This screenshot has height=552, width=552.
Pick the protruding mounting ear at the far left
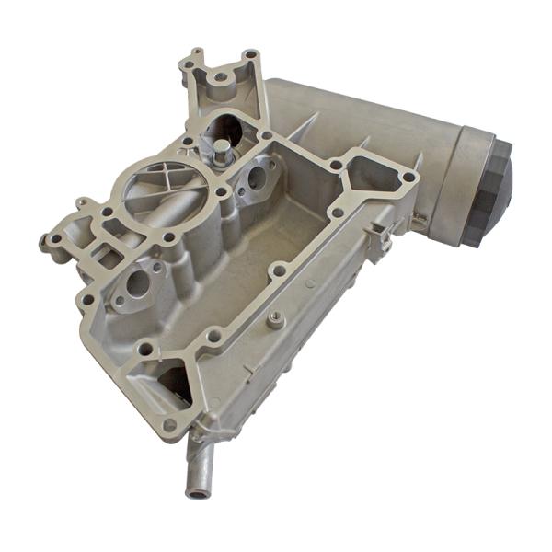tap(51, 244)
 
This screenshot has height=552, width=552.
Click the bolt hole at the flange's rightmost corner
tap(408, 176)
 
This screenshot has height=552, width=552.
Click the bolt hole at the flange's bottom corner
tap(169, 424)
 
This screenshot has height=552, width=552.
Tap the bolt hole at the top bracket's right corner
tap(250, 56)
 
